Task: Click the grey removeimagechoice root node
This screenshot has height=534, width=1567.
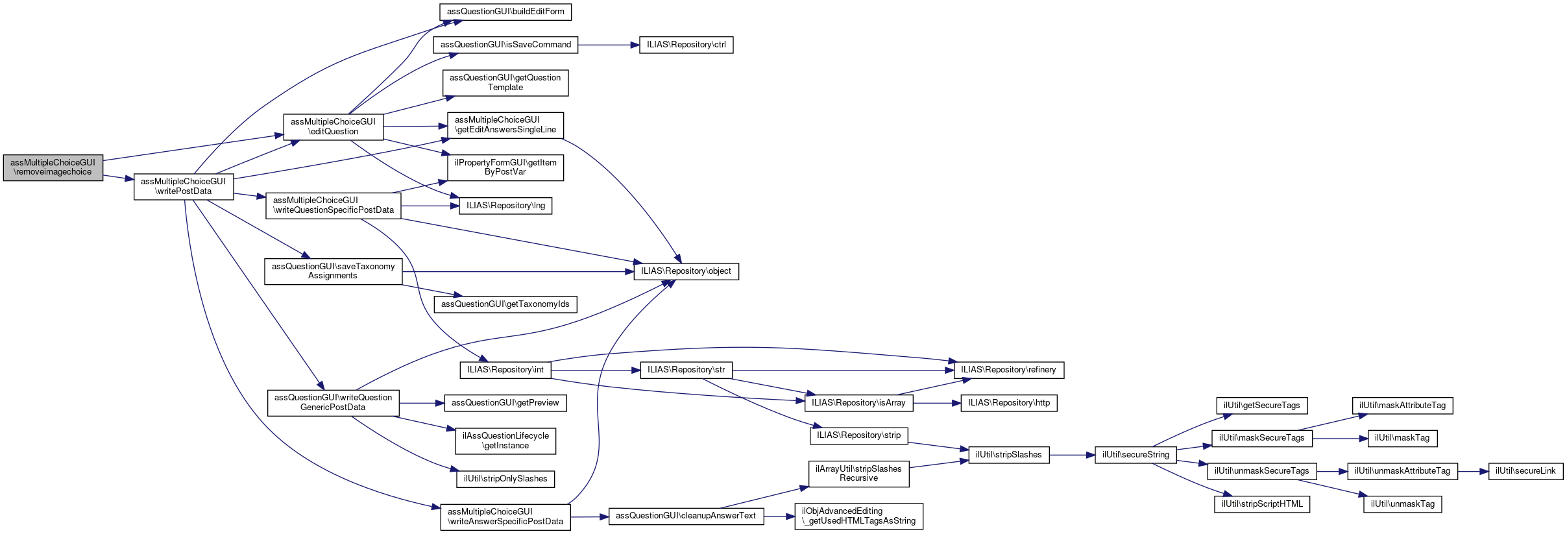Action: pyautogui.click(x=53, y=167)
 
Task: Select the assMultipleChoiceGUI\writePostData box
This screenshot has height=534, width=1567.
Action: pyautogui.click(x=184, y=186)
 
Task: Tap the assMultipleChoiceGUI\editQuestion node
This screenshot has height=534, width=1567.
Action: pyautogui.click(x=333, y=127)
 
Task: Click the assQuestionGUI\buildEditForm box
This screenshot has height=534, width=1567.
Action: pyautogui.click(x=505, y=12)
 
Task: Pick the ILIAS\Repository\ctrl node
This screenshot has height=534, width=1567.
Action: pyautogui.click(x=686, y=45)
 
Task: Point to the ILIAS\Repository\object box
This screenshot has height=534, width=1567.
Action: pyautogui.click(x=686, y=271)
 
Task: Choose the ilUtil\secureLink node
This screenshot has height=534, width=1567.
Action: pyautogui.click(x=1525, y=471)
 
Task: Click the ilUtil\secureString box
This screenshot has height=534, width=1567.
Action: pyautogui.click(x=1136, y=455)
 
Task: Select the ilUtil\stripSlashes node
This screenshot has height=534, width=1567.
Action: pyautogui.click(x=1008, y=455)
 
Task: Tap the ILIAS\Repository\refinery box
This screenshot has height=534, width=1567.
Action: pyautogui.click(x=1008, y=370)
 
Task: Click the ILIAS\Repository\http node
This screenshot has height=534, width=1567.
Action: pyautogui.click(x=1008, y=403)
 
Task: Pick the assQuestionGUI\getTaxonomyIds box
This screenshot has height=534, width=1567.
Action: pyautogui.click(x=505, y=304)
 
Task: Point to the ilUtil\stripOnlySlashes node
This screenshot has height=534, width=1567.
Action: pyautogui.click(x=505, y=479)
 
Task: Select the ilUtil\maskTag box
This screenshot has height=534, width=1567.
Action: pyautogui.click(x=1402, y=438)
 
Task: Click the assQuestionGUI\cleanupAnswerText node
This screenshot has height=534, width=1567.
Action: pyautogui.click(x=685, y=516)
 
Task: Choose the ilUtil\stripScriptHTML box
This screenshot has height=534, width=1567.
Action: pyautogui.click(x=1262, y=504)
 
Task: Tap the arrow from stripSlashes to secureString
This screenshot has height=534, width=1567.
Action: pyautogui.click(x=1071, y=455)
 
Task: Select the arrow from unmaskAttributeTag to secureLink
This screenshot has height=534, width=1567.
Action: pyautogui.click(x=1473, y=471)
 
